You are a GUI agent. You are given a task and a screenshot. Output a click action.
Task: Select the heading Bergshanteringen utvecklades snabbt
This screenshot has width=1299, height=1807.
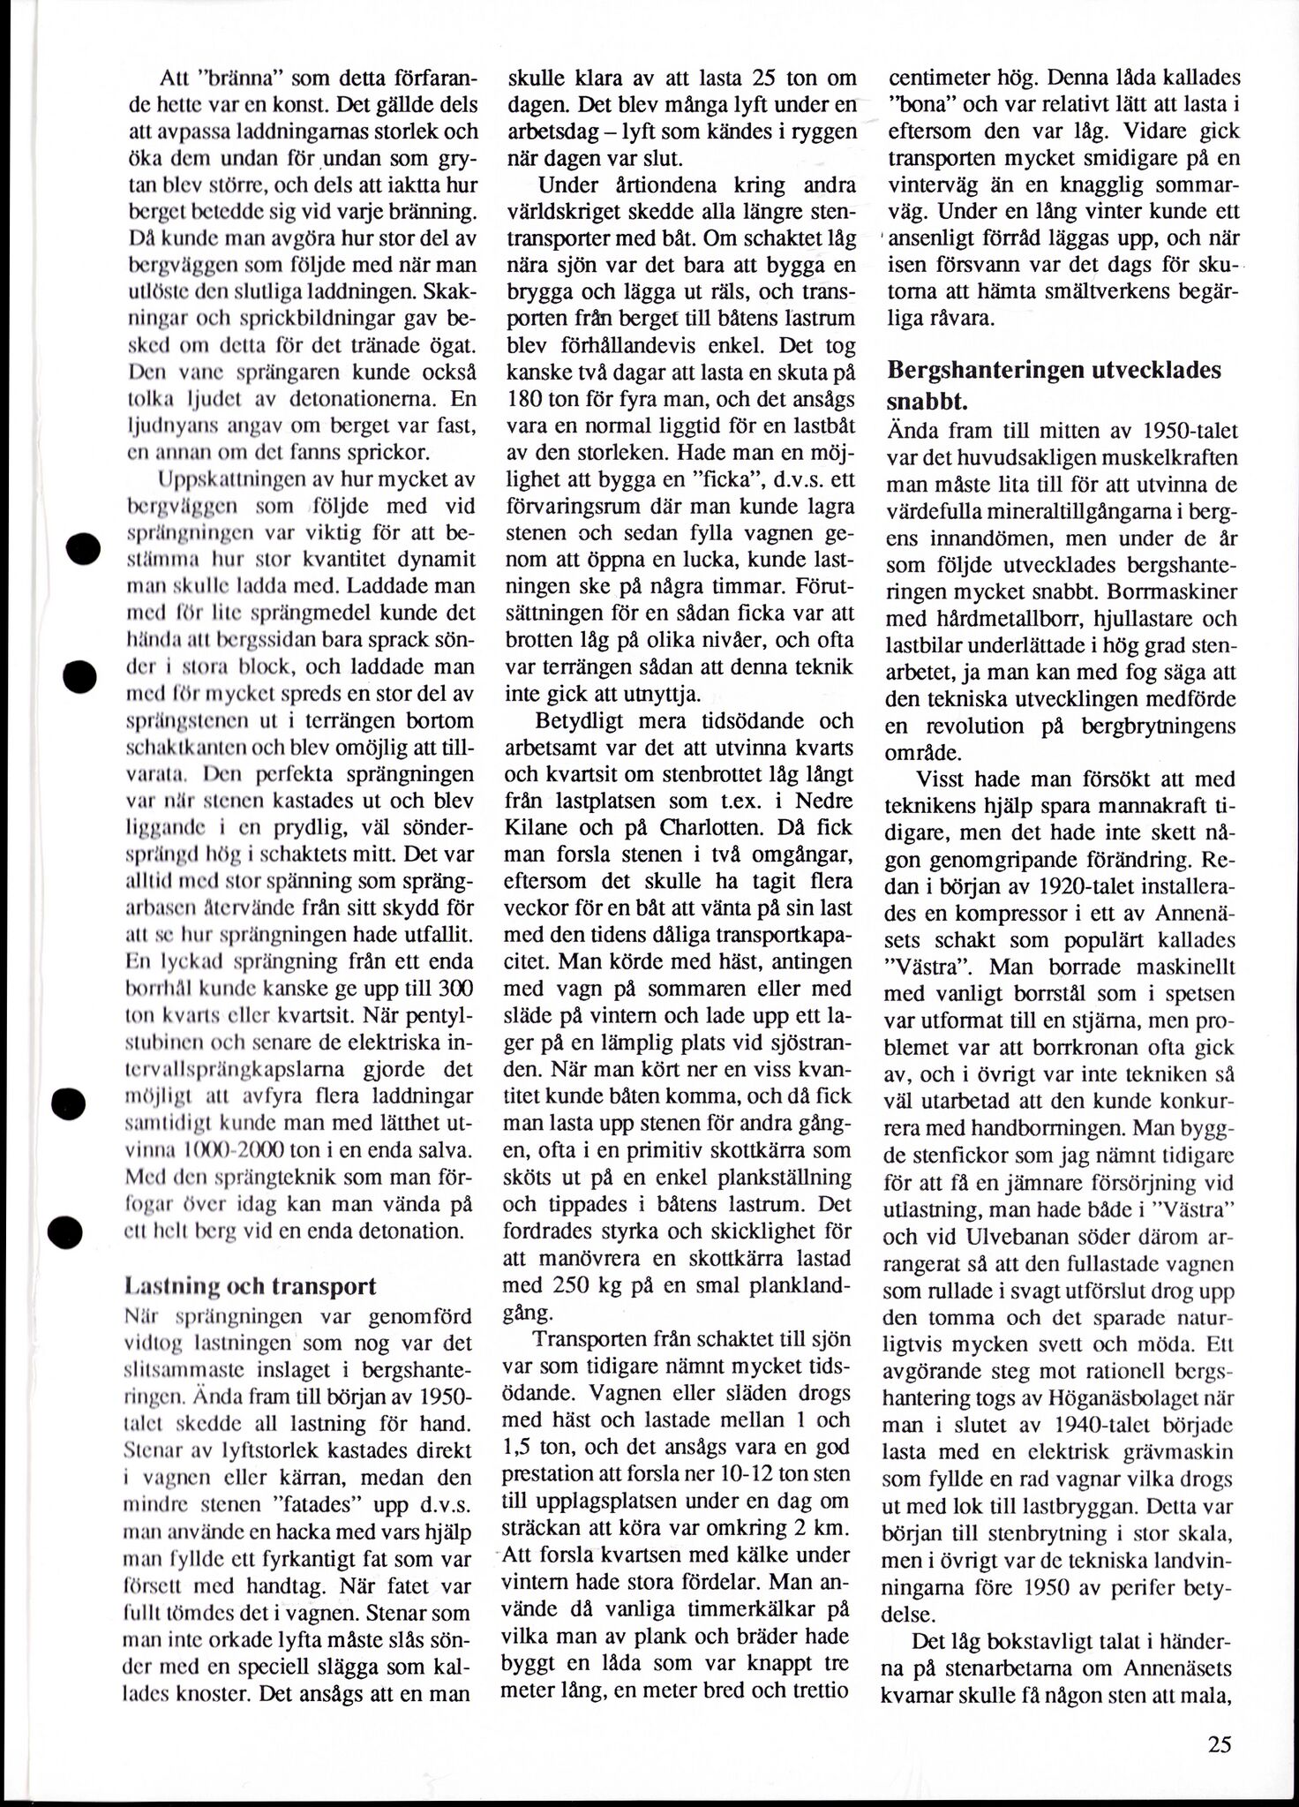[1054, 384]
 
